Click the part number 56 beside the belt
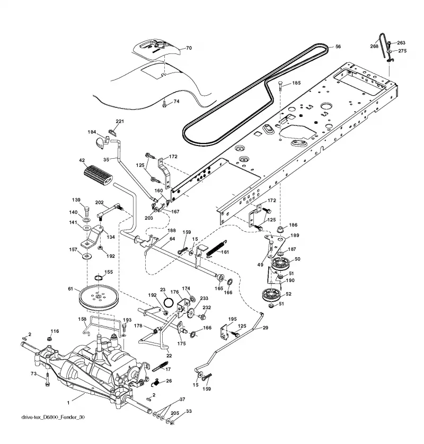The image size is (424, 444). click(338, 47)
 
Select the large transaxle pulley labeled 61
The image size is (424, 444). click(99, 298)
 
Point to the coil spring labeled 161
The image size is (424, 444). click(216, 248)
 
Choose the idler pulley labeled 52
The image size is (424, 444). click(272, 296)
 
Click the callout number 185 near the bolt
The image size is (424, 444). click(296, 83)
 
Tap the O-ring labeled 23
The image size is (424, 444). click(169, 302)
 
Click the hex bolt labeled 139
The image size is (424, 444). click(87, 212)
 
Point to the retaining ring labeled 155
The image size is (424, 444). click(98, 277)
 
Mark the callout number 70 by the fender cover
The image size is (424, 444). click(189, 48)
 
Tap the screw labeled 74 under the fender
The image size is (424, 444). click(164, 105)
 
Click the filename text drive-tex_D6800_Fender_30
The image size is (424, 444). click(53, 417)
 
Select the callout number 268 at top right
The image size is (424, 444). click(374, 46)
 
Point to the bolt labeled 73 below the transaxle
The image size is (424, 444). click(47, 379)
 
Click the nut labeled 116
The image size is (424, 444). click(49, 338)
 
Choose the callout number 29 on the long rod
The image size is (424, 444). click(266, 328)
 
